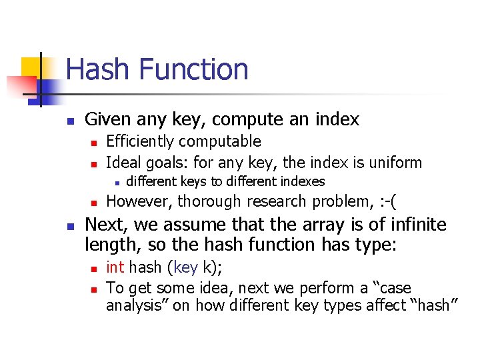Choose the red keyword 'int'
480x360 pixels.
(x=115, y=267)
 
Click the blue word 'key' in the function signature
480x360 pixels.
(x=185, y=268)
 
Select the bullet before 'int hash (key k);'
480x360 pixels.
(x=94, y=269)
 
